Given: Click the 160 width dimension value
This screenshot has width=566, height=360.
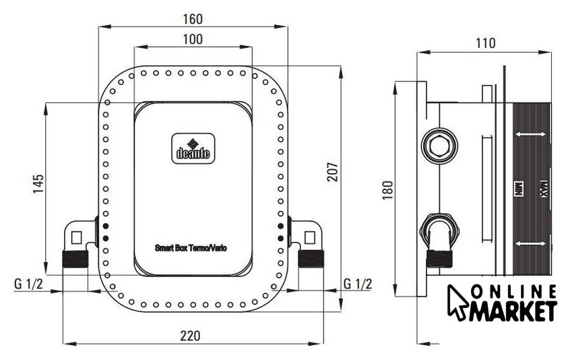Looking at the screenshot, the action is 193,19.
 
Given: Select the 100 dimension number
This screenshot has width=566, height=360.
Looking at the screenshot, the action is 193,39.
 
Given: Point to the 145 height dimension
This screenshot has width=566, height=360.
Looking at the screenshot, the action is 38,184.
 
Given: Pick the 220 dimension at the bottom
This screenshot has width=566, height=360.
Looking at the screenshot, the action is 190,336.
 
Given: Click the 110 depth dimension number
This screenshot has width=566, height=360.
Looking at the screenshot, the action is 486,43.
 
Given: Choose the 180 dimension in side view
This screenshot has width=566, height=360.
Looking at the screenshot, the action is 387,190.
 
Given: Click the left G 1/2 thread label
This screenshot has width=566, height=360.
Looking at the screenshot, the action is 28,284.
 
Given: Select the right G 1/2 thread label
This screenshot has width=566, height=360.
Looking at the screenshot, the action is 357,284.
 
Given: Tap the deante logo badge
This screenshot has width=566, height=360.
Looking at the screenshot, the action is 193,148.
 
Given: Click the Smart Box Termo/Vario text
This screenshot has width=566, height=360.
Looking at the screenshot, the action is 191,248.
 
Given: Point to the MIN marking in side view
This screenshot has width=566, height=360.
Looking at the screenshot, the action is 518,189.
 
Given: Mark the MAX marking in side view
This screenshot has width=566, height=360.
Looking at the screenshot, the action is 542,189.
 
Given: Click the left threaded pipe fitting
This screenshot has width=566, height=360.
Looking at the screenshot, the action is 75,259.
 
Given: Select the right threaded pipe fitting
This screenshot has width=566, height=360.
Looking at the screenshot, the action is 311,258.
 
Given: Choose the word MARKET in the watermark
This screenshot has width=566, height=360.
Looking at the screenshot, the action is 513,311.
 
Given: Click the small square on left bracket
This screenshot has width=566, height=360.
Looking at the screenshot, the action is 77,237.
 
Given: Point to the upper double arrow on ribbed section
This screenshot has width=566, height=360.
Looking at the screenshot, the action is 530,134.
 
